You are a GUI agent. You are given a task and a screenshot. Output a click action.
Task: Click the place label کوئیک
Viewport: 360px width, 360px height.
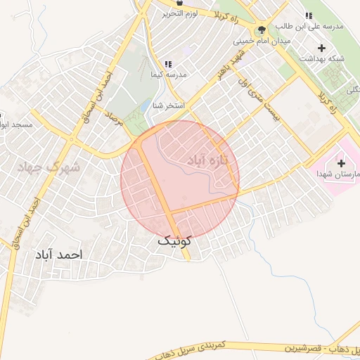tap(174, 240)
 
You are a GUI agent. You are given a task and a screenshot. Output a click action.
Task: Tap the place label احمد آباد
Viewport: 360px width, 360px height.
tap(58, 254)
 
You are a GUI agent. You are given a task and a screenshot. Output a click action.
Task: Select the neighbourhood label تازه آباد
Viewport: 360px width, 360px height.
tap(210, 160)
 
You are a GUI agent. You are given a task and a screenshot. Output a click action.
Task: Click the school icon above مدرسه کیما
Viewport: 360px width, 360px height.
tap(168, 63)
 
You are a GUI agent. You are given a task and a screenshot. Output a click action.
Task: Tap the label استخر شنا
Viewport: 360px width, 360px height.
tap(169, 105)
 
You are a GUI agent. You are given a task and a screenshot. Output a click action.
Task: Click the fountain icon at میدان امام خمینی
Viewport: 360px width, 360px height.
tap(262, 30)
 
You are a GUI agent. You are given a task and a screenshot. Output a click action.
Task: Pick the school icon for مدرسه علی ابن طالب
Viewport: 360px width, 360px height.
tap(308, 16)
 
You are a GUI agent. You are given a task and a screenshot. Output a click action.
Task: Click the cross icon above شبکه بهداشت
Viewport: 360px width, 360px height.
tap(322, 49)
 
